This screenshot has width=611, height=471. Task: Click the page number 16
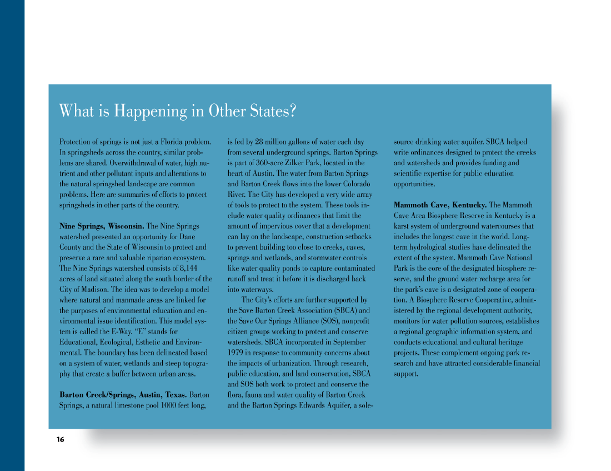click(x=60, y=440)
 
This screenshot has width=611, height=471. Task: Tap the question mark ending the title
click(x=292, y=111)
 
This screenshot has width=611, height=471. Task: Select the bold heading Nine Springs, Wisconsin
click(x=102, y=226)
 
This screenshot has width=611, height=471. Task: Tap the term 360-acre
click(x=268, y=163)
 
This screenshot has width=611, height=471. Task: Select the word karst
click(x=403, y=226)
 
